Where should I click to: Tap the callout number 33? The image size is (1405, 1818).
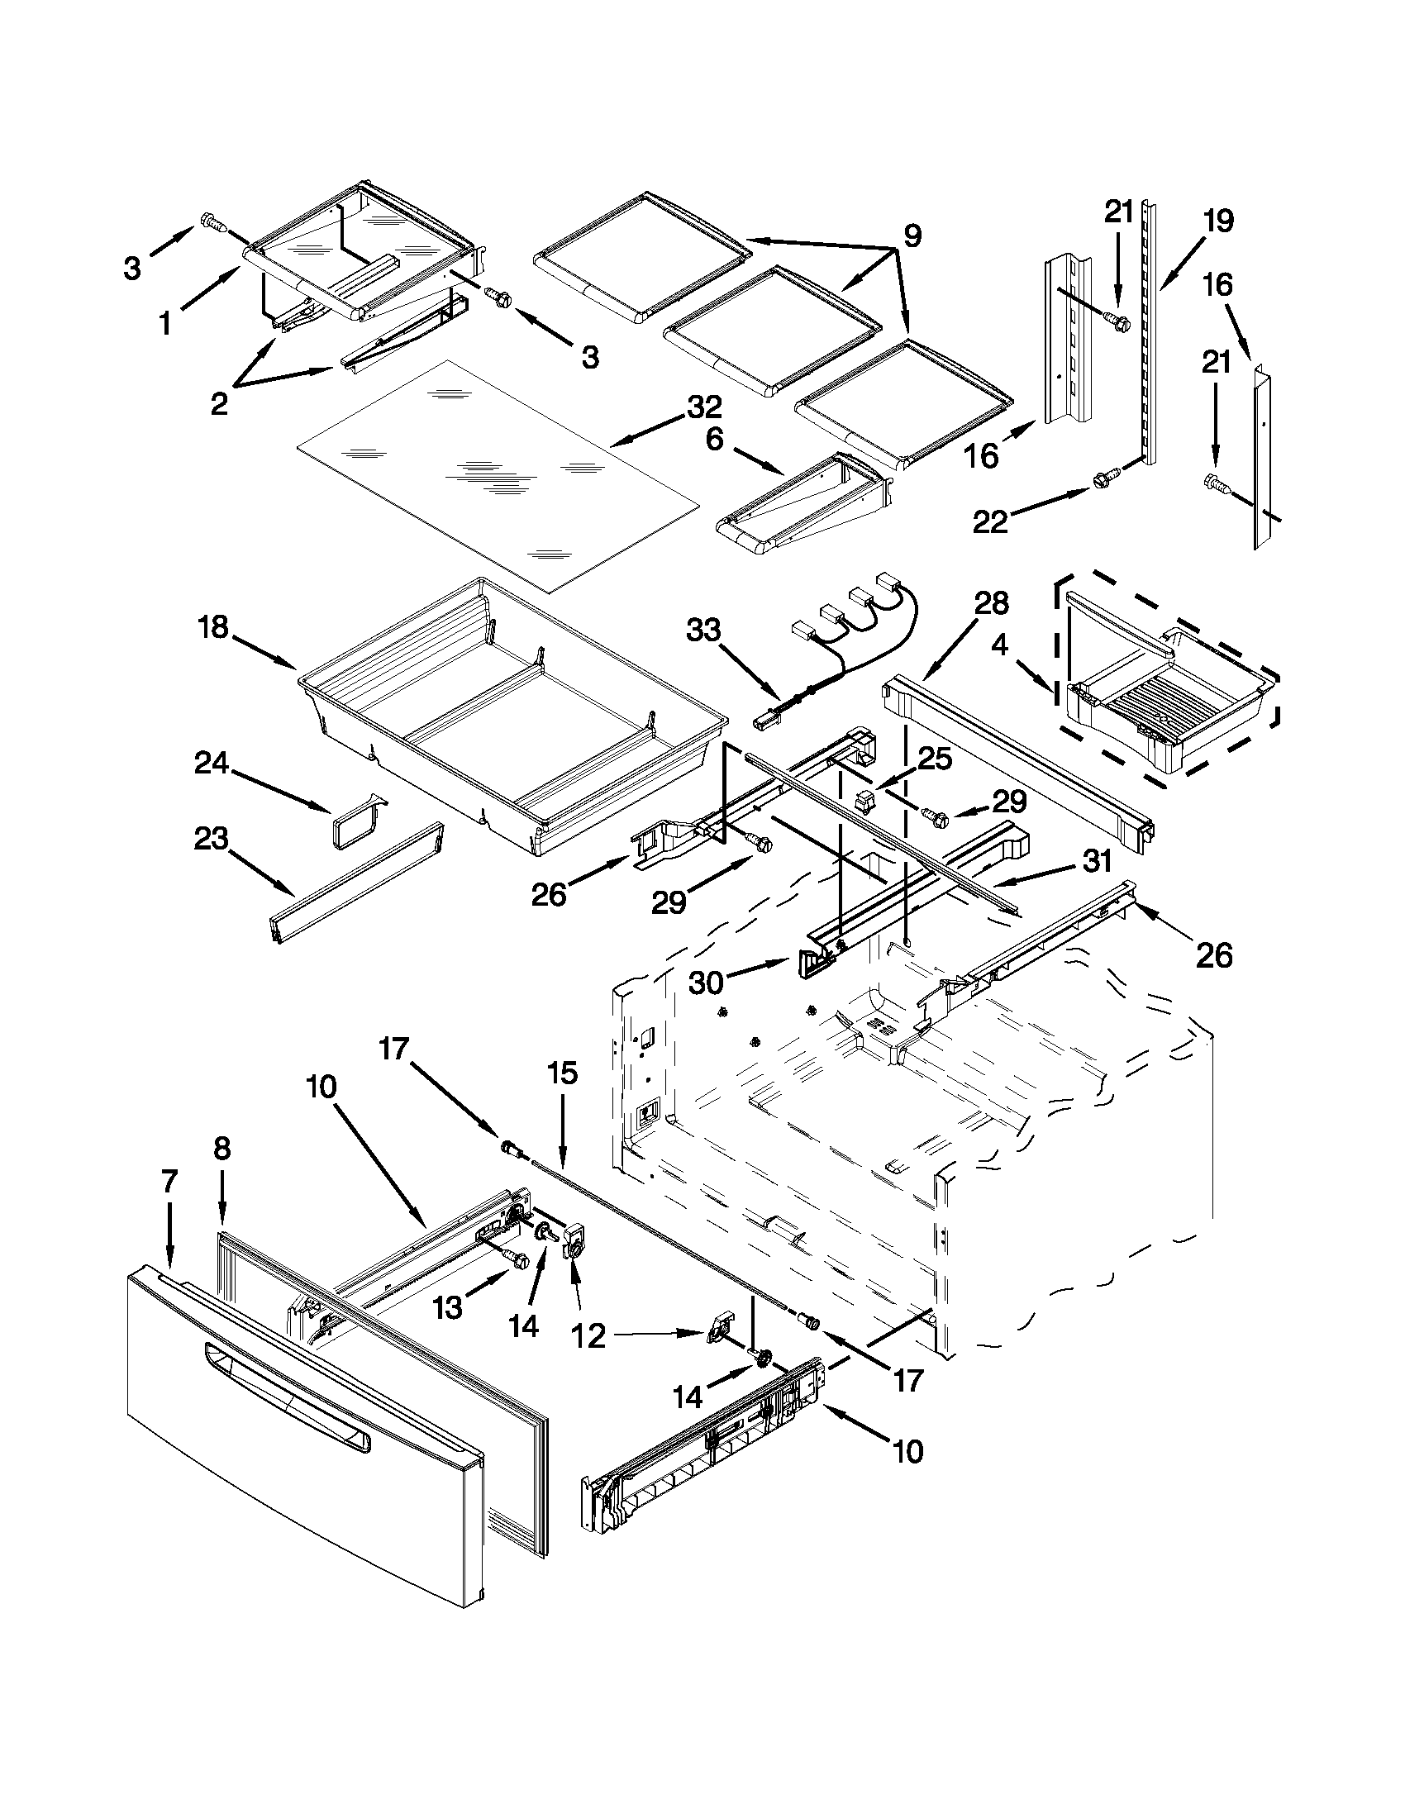pos(703,631)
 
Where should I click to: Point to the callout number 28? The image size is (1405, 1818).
pos(991,603)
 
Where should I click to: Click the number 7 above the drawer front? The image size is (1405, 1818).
pos(169,1181)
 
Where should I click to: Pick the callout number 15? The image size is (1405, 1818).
pos(563,1073)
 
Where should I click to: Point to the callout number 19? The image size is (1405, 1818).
pos(1217,221)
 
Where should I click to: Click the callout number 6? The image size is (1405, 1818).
pos(715,439)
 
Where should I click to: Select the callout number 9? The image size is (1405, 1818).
pos(913,236)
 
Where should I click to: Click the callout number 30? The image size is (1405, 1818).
pos(706,983)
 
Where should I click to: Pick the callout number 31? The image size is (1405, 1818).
pos(1097,862)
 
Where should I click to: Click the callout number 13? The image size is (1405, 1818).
pos(448,1308)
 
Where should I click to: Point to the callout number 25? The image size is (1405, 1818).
pos(935,758)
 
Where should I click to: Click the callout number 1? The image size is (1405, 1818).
pos(165,323)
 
